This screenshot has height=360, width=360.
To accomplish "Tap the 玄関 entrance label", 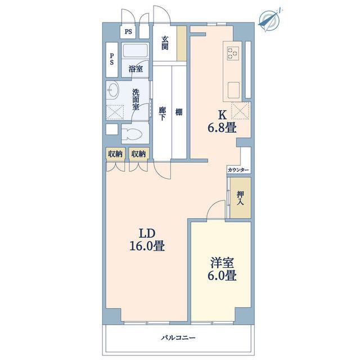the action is (165, 43).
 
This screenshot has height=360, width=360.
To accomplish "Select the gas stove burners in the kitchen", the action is (233, 53).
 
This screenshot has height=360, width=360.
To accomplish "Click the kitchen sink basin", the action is (233, 90).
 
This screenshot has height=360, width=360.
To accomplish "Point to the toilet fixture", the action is (130, 134).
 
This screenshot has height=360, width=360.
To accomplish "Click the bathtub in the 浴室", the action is (135, 51).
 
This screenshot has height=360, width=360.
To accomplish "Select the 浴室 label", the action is (136, 69).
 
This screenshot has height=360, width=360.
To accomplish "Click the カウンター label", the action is (238, 170).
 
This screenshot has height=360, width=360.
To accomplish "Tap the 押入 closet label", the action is (240, 198).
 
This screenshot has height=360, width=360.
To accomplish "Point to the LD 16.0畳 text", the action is (147, 240).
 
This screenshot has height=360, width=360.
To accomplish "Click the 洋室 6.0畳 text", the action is (222, 269).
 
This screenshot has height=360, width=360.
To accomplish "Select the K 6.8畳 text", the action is (222, 121).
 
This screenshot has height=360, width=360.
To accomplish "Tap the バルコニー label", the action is (178, 337).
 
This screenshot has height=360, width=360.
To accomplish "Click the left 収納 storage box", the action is (115, 154).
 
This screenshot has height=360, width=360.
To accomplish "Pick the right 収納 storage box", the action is (139, 154).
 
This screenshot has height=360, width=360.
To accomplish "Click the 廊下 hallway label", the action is (162, 114).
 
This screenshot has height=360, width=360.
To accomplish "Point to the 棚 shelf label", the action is (179, 112).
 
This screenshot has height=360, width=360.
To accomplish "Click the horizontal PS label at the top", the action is (128, 32).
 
